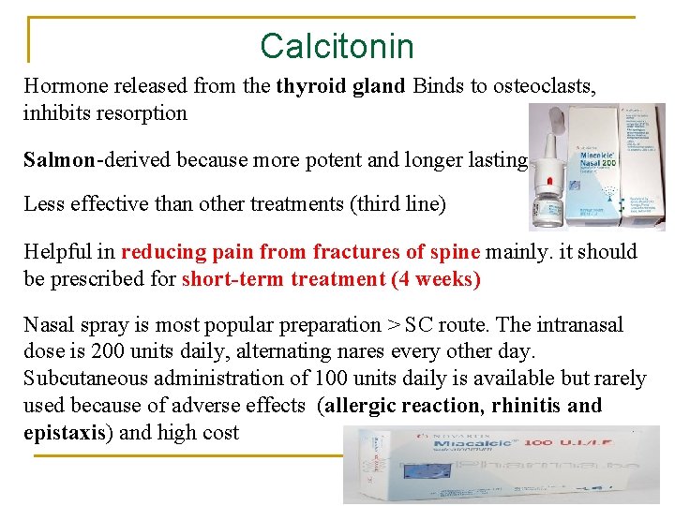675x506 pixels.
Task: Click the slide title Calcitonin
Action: (x=337, y=45)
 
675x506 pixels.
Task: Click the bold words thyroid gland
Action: (x=340, y=87)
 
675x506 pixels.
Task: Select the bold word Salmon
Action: (x=59, y=159)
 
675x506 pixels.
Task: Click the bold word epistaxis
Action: (x=64, y=433)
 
